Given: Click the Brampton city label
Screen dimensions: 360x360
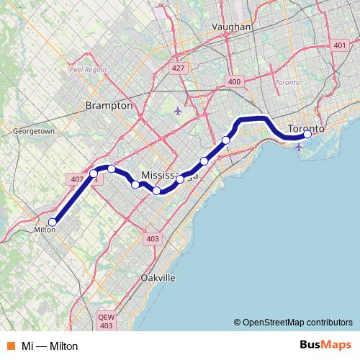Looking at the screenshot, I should click(109, 105).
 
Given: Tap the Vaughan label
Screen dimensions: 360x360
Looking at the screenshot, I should click(231, 27).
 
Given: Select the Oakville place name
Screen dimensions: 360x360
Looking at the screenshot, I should click(158, 277).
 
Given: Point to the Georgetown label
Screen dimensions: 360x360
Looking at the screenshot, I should click(34, 132).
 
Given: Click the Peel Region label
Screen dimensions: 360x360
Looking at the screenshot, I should click(88, 70).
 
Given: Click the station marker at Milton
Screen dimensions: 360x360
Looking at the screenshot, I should click(52, 222).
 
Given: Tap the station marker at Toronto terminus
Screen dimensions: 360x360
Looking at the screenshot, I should click(307, 134).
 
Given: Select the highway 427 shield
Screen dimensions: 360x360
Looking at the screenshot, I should click(178, 68).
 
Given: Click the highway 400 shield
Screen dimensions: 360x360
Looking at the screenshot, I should click(234, 82).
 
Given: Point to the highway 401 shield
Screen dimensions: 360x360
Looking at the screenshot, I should click(340, 45).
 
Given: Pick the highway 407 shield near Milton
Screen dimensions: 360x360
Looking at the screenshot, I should click(76, 178).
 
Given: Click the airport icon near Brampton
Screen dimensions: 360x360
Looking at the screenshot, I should click(178, 110).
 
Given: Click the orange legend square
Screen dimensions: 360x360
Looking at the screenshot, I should click(11, 346).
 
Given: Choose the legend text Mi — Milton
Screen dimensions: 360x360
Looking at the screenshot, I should click(50, 346).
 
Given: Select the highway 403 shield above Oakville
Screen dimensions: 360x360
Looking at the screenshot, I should click(152, 239).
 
